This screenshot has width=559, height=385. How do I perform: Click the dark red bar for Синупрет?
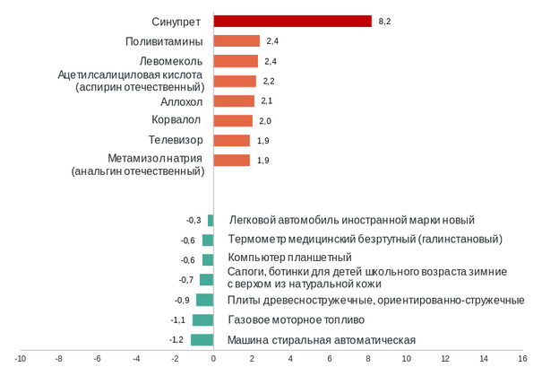pyautogui.click(x=292, y=21)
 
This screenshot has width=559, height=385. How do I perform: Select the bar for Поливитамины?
pyautogui.click(x=236, y=41)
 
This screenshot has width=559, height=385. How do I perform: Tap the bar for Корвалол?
pyautogui.click(x=233, y=120)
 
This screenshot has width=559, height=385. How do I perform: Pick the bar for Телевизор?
pyautogui.click(x=232, y=140)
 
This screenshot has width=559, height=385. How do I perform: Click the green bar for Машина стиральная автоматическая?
pyautogui.click(x=202, y=340)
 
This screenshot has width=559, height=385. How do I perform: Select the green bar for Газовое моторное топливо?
pyautogui.click(x=202, y=320)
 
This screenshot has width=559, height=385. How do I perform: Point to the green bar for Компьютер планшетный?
pyautogui.click(x=208, y=259)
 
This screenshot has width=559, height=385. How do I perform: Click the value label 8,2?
pyautogui.click(x=385, y=21)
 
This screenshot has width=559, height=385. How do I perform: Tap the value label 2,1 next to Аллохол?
pyautogui.click(x=266, y=101)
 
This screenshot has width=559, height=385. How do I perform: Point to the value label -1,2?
pyautogui.click(x=176, y=340)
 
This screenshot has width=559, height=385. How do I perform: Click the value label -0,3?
pyautogui.click(x=193, y=220)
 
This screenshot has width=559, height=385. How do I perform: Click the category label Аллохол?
pyautogui.click(x=182, y=101)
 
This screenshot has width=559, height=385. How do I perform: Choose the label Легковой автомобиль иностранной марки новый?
pyautogui.click(x=352, y=220)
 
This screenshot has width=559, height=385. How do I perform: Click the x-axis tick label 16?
pyautogui.click(x=522, y=358)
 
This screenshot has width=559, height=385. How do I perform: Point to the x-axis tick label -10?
pyautogui.click(x=20, y=358)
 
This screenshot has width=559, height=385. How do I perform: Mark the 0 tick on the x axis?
pyautogui.click(x=213, y=358)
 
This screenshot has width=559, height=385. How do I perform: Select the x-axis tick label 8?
pyautogui.click(x=368, y=358)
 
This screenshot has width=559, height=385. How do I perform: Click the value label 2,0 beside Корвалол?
pyautogui.click(x=265, y=121)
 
